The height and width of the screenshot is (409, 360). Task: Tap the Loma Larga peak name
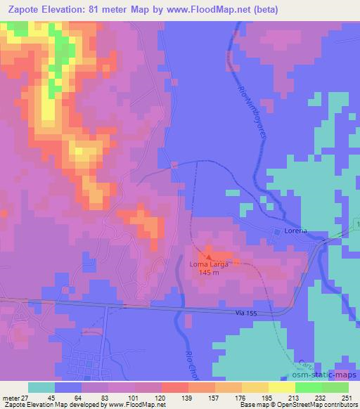click(208, 264)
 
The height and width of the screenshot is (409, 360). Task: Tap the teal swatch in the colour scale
click(41, 387)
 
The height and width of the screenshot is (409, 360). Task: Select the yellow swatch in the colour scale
click(282, 387)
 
